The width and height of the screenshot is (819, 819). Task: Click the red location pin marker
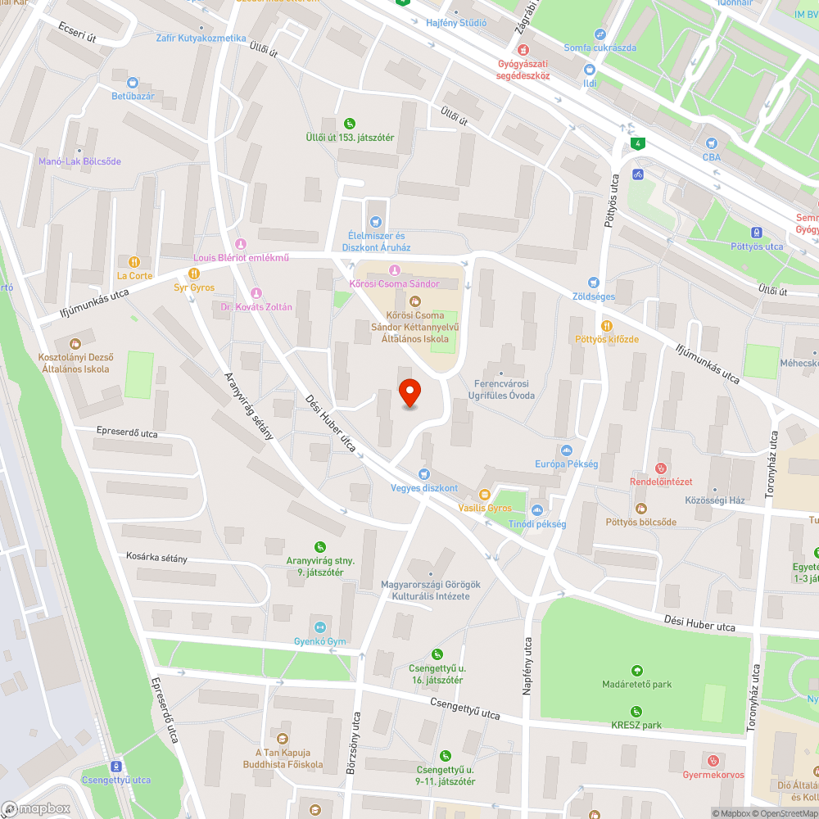[x=409, y=393]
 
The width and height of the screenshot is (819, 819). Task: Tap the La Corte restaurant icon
[x=134, y=262]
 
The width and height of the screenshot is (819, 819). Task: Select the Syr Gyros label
[x=194, y=287]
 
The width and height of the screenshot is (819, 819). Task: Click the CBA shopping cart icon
[x=711, y=143]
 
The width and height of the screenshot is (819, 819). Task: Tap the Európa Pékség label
[x=566, y=464]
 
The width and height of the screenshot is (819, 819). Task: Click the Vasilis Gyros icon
[x=484, y=495]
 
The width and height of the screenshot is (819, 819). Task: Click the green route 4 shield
[x=637, y=145]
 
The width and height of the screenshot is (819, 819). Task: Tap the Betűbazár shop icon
[x=133, y=82]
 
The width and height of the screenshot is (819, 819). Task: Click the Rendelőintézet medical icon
[x=661, y=468]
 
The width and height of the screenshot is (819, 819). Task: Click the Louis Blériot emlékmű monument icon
[x=241, y=244]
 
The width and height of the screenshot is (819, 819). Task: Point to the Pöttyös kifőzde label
[x=606, y=339]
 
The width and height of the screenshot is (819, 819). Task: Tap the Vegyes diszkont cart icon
[x=423, y=474]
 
